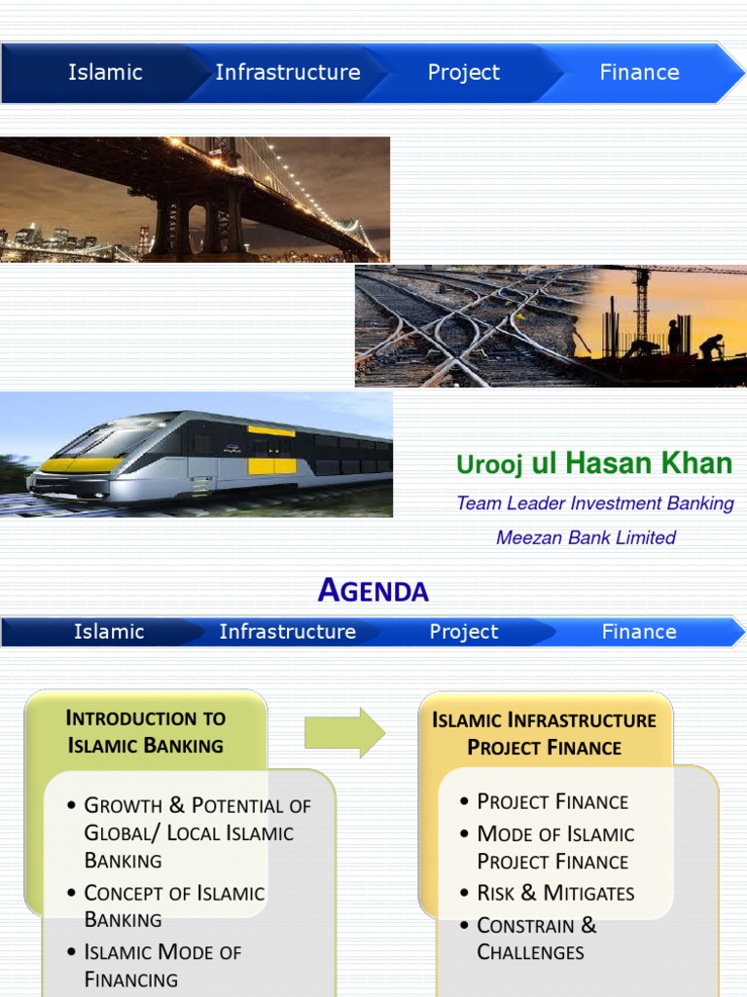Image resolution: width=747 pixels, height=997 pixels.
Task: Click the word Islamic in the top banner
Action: pyautogui.click(x=105, y=73)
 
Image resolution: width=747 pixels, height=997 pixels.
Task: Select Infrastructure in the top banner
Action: pyautogui.click(x=288, y=73)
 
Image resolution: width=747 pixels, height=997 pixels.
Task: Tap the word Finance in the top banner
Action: pyautogui.click(x=639, y=73)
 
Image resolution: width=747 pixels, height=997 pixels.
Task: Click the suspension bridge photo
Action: pyautogui.click(x=195, y=200)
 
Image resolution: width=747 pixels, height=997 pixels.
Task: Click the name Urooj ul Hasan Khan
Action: pyautogui.click(x=594, y=464)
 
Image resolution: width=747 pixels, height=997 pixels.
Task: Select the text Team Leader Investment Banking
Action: pyautogui.click(x=595, y=503)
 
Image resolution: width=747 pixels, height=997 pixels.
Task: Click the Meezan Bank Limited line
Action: pyautogui.click(x=586, y=537)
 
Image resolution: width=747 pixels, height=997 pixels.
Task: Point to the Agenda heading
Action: pyautogui.click(x=373, y=590)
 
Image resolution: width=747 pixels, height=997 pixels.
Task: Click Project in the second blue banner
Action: pyautogui.click(x=464, y=632)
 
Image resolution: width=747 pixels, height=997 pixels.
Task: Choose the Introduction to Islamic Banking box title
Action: pyautogui.click(x=146, y=732)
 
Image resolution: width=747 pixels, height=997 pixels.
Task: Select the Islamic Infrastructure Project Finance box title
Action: pyautogui.click(x=545, y=734)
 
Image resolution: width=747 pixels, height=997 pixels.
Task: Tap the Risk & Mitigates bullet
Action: pyautogui.click(x=555, y=893)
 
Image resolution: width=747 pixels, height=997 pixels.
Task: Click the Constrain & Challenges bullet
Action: pyautogui.click(x=537, y=939)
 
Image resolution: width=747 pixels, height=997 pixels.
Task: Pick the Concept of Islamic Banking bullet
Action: pyautogui.click(x=174, y=906)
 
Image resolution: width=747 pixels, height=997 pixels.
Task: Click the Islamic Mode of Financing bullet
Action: pyautogui.click(x=162, y=966)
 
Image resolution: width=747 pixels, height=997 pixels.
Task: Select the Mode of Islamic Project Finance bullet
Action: pyautogui.click(x=554, y=847)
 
